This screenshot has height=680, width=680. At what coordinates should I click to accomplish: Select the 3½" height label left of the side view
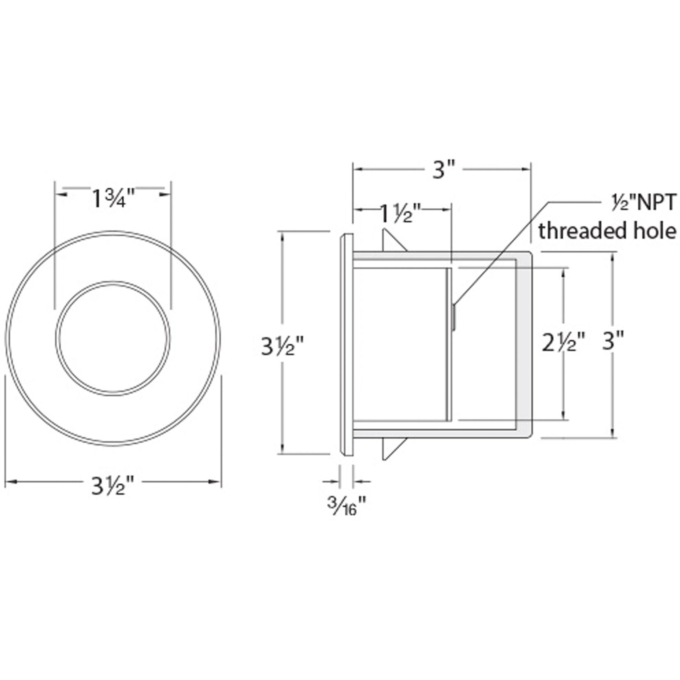coord(283,346)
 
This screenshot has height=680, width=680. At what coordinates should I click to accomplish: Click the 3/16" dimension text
coord(346,506)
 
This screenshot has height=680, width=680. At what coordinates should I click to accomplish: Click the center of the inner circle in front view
coord(113,338)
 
